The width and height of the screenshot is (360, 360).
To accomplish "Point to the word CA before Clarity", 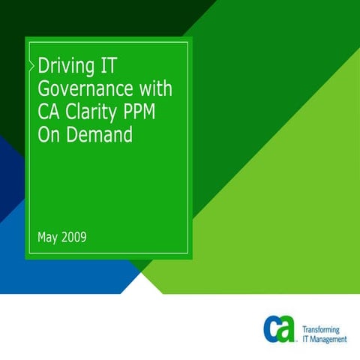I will (x=49, y=112).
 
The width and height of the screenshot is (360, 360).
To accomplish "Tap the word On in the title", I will (x=49, y=134).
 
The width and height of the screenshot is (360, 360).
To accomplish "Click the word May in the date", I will (x=47, y=238).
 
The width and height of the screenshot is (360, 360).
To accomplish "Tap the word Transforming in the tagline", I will (x=320, y=329).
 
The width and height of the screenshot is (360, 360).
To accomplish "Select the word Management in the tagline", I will (x=328, y=339).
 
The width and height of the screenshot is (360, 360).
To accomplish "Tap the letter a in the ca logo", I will (x=287, y=330).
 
